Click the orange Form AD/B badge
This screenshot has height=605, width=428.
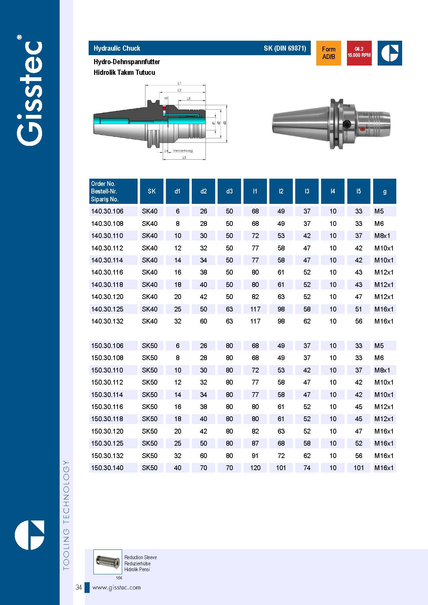tap(328, 53)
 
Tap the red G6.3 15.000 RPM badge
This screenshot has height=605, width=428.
tap(359, 53)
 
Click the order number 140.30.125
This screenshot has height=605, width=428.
tap(107, 309)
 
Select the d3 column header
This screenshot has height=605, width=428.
tap(229, 191)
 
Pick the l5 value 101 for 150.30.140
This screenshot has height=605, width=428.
tap(359, 468)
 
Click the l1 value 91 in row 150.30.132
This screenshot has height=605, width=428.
tap(255, 456)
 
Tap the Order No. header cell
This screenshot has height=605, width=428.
tap(113, 191)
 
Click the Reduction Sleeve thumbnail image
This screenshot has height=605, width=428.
tap(108, 562)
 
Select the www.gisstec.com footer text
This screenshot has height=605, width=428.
tap(117, 587)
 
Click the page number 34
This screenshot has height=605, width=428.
tap(79, 587)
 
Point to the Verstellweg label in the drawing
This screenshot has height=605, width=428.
tap(183, 151)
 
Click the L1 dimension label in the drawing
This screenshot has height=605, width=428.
tap(179, 83)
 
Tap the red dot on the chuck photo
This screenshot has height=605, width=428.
tap(362, 129)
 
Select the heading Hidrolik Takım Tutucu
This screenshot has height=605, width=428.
tap(124, 72)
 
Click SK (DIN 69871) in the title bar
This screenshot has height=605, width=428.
tap(285, 48)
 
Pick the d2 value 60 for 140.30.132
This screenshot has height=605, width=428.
tap(203, 321)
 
